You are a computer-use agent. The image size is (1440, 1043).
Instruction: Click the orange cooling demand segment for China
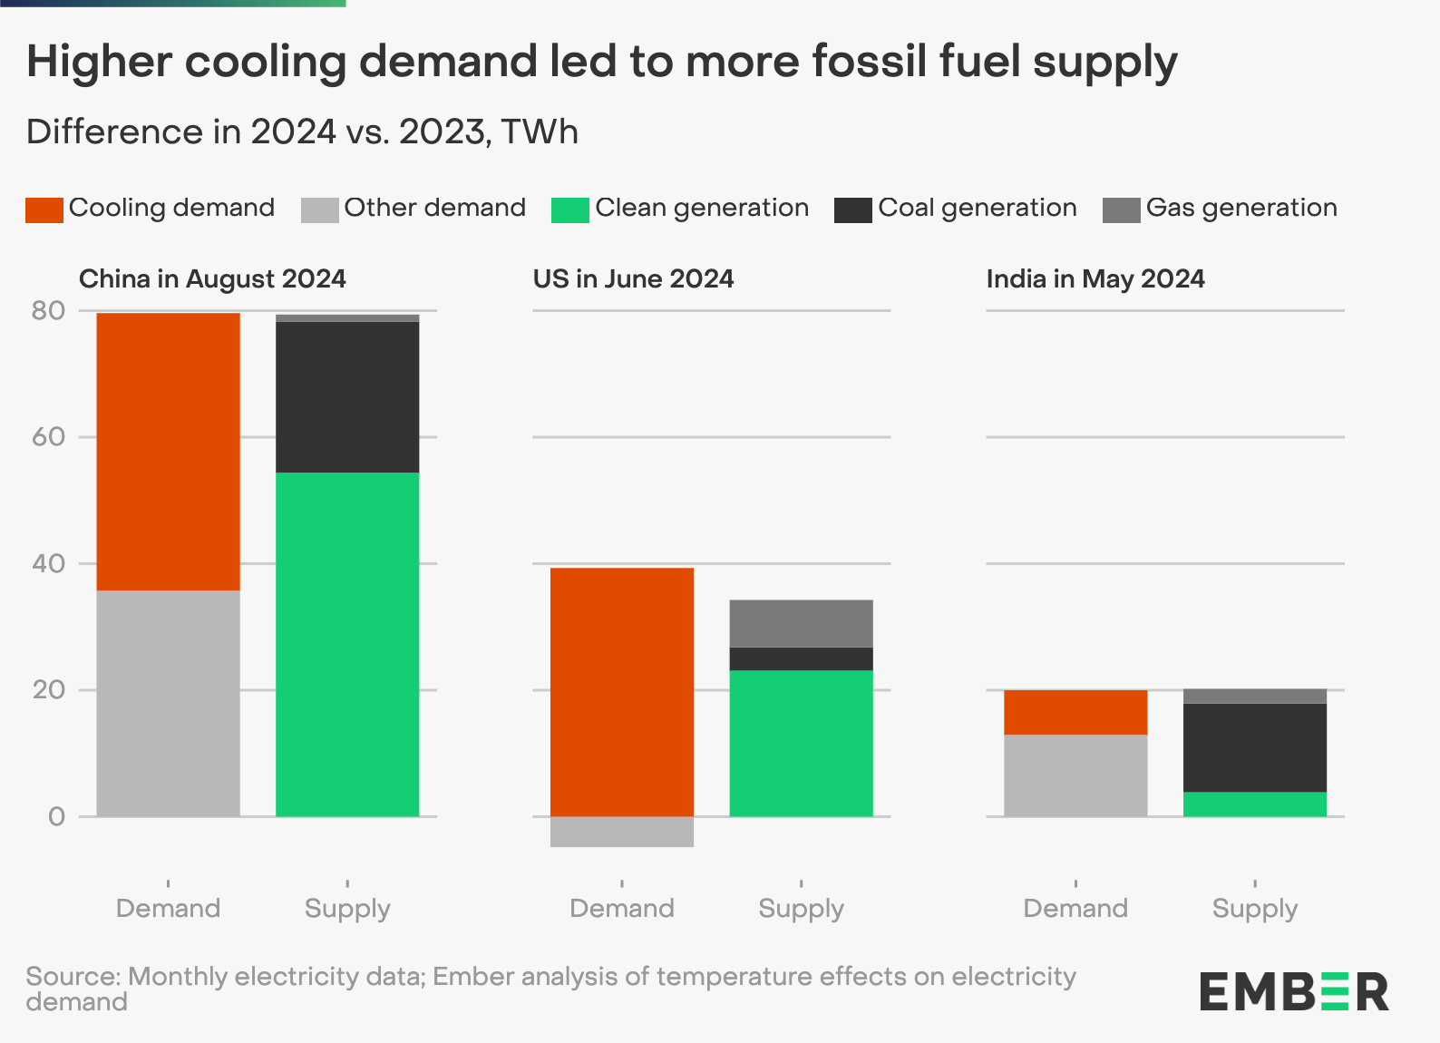tap(168, 452)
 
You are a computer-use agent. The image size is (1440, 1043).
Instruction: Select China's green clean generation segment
tap(347, 644)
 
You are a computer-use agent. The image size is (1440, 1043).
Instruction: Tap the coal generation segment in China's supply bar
tap(347, 397)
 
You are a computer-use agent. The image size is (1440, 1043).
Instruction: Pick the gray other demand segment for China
tap(168, 703)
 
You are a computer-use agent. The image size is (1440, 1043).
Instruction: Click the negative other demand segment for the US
tap(622, 832)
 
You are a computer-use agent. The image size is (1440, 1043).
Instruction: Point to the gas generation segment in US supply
tap(801, 623)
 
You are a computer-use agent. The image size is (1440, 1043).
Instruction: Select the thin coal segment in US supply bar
tap(801, 658)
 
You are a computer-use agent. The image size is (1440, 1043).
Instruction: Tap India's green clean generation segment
tap(1255, 804)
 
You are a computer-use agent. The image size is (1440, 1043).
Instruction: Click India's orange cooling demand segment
tap(1075, 712)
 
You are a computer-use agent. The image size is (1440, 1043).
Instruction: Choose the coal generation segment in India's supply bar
tap(1255, 747)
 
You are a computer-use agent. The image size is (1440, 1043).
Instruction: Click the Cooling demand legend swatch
tap(44, 210)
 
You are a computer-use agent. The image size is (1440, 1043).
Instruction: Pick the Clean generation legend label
tap(701, 208)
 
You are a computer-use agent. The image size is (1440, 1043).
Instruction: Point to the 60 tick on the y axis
tap(49, 437)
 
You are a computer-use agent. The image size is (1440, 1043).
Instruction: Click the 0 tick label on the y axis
tap(56, 817)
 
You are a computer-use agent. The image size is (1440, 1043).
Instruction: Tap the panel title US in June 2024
tap(633, 278)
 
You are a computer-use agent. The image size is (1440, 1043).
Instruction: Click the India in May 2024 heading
tap(1095, 278)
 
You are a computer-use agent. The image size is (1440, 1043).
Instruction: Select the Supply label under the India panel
tap(1255, 908)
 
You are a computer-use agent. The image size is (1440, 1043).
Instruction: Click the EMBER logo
tap(1293, 991)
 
